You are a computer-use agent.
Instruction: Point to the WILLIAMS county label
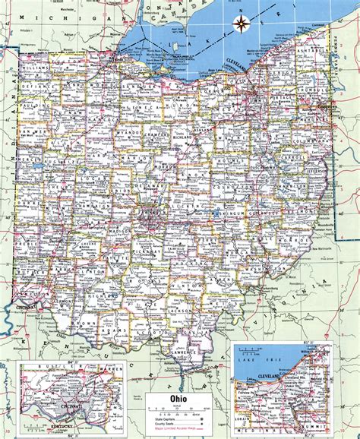(36, 68)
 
